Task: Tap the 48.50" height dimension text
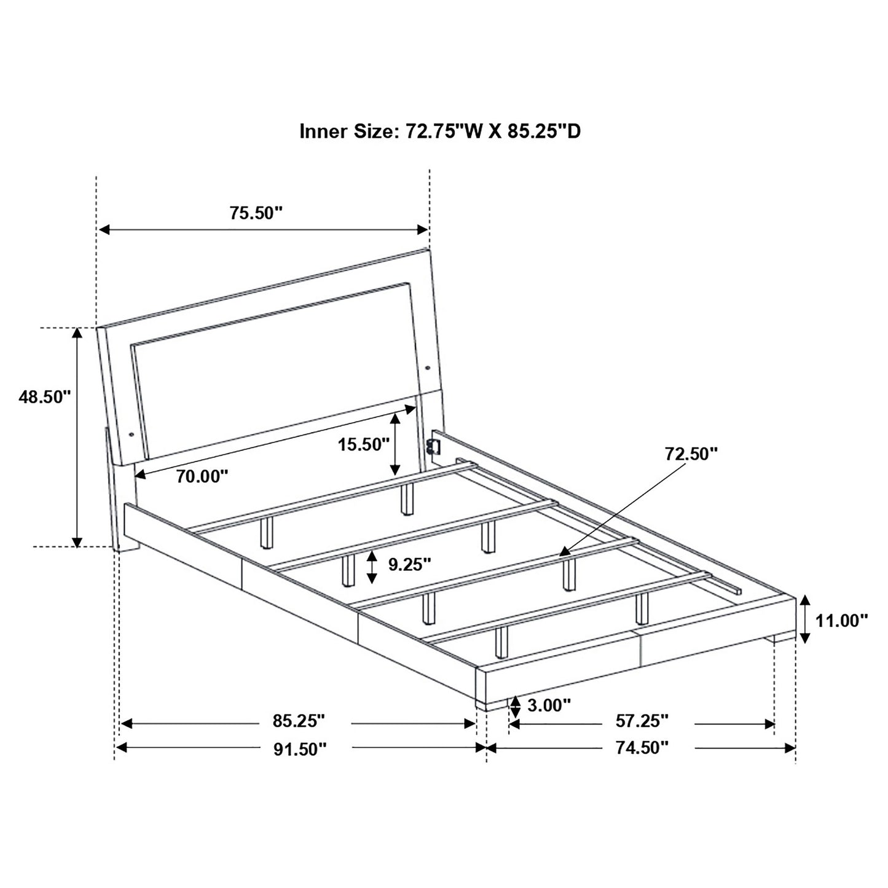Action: (x=45, y=397)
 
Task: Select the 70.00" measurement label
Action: (x=202, y=476)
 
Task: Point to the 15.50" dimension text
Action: (x=364, y=445)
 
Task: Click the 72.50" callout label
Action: (x=691, y=454)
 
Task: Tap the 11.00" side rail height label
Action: (x=842, y=621)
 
